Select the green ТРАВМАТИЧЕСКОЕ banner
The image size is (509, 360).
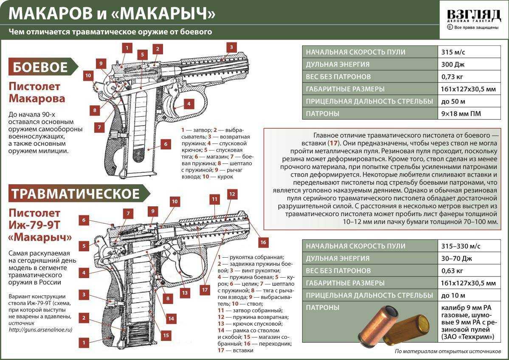tap(76, 194)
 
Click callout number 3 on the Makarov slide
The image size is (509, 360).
tap(231, 47)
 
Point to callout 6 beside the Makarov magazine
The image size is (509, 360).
tap(166, 144)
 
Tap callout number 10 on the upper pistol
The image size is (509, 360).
tap(88, 76)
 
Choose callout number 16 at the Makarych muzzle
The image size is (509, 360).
tap(263, 242)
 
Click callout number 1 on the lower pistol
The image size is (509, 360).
tap(84, 342)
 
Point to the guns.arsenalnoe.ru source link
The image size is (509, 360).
tap(40, 329)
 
